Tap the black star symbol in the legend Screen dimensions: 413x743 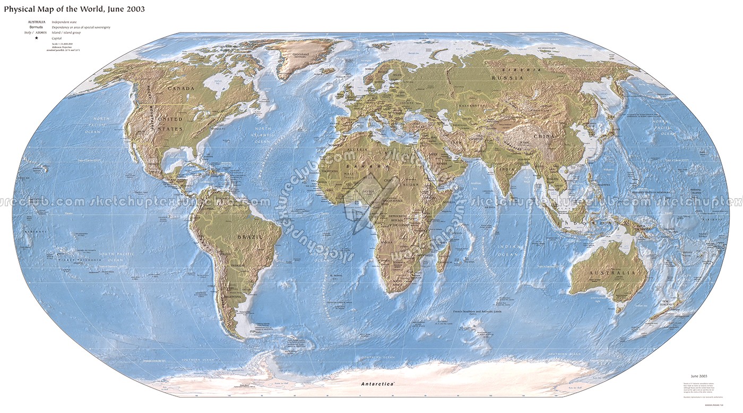[x=37, y=38]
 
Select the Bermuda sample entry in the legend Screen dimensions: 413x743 [x=37, y=27]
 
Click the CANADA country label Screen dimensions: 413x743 [x=181, y=88]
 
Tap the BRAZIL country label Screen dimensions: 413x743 [x=250, y=235]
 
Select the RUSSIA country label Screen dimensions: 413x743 [x=507, y=78]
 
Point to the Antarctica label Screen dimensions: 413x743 [x=377, y=383]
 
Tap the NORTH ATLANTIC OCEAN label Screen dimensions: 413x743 [x=263, y=135]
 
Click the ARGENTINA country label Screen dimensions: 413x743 [x=232, y=296]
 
